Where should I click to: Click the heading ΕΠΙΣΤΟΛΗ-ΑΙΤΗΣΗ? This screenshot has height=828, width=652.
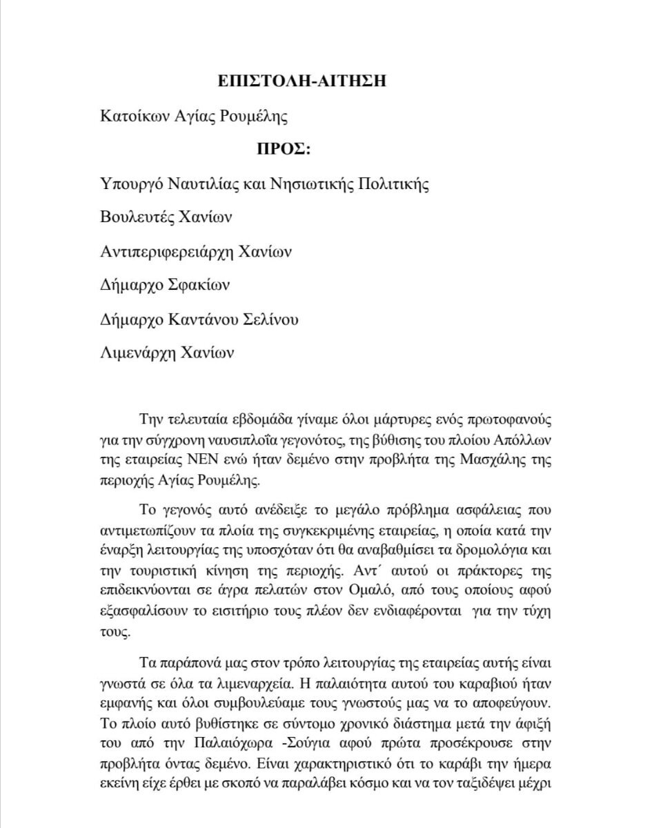[300, 80]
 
